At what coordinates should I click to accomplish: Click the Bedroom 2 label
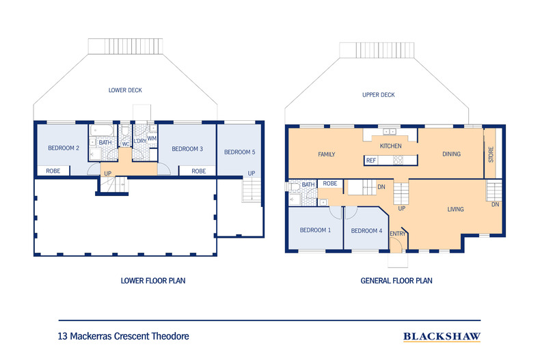[63, 148]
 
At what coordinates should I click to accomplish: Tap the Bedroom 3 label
[187, 149]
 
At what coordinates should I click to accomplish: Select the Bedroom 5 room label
[239, 152]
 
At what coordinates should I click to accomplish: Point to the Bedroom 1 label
[315, 230]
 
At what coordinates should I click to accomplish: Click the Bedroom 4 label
[366, 230]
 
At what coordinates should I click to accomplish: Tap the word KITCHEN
[390, 146]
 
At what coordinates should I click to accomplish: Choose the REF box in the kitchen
[371, 161]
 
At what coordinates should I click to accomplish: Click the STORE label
[491, 154]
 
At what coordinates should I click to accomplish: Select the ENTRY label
[398, 234]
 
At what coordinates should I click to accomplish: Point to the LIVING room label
[457, 209]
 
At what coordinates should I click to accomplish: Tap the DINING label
[451, 154]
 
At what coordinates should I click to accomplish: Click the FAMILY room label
[327, 154]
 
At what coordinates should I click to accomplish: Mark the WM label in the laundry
[152, 138]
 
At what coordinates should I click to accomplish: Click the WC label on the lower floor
[126, 144]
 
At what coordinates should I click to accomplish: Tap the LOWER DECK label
[125, 90]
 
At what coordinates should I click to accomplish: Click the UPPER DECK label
[379, 95]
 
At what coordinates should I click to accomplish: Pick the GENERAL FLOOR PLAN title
[396, 280]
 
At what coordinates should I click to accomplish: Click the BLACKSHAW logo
[442, 336]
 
